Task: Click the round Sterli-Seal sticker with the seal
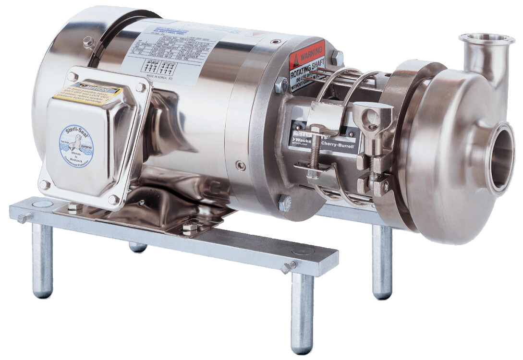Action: click(x=76, y=144)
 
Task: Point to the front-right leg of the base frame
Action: click(x=302, y=312)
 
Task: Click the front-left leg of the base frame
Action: click(x=42, y=260)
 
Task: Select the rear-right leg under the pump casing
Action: click(x=382, y=262)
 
